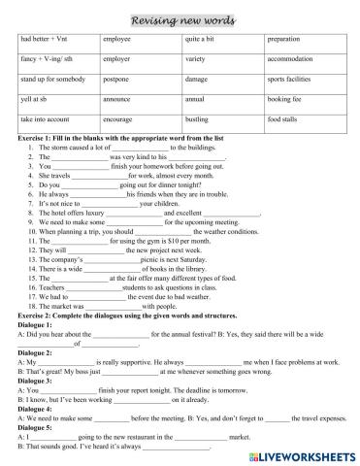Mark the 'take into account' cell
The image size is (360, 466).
pyautogui.click(x=46, y=118)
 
